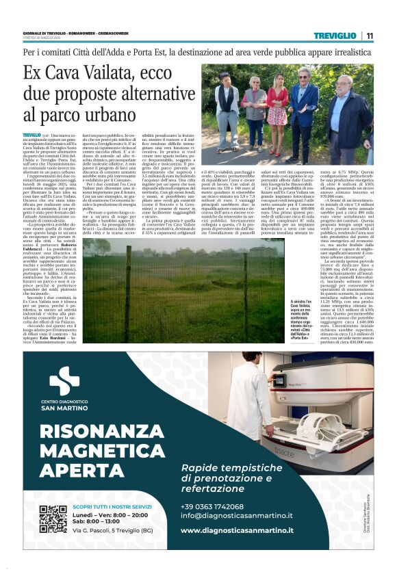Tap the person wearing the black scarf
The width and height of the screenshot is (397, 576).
coord(226,103)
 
